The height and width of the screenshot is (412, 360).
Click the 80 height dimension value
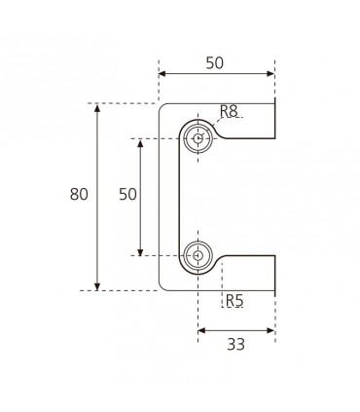79,194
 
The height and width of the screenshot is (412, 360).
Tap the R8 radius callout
229,111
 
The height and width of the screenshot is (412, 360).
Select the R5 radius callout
234,300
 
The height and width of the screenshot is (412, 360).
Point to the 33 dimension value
235,344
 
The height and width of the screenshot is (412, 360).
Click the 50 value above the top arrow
215,63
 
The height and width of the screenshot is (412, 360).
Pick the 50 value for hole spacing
127,194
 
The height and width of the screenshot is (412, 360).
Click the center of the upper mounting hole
198,138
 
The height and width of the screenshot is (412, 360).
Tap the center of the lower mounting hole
198,256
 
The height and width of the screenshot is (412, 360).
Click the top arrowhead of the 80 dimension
97,108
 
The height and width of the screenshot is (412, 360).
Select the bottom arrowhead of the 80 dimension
97,286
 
